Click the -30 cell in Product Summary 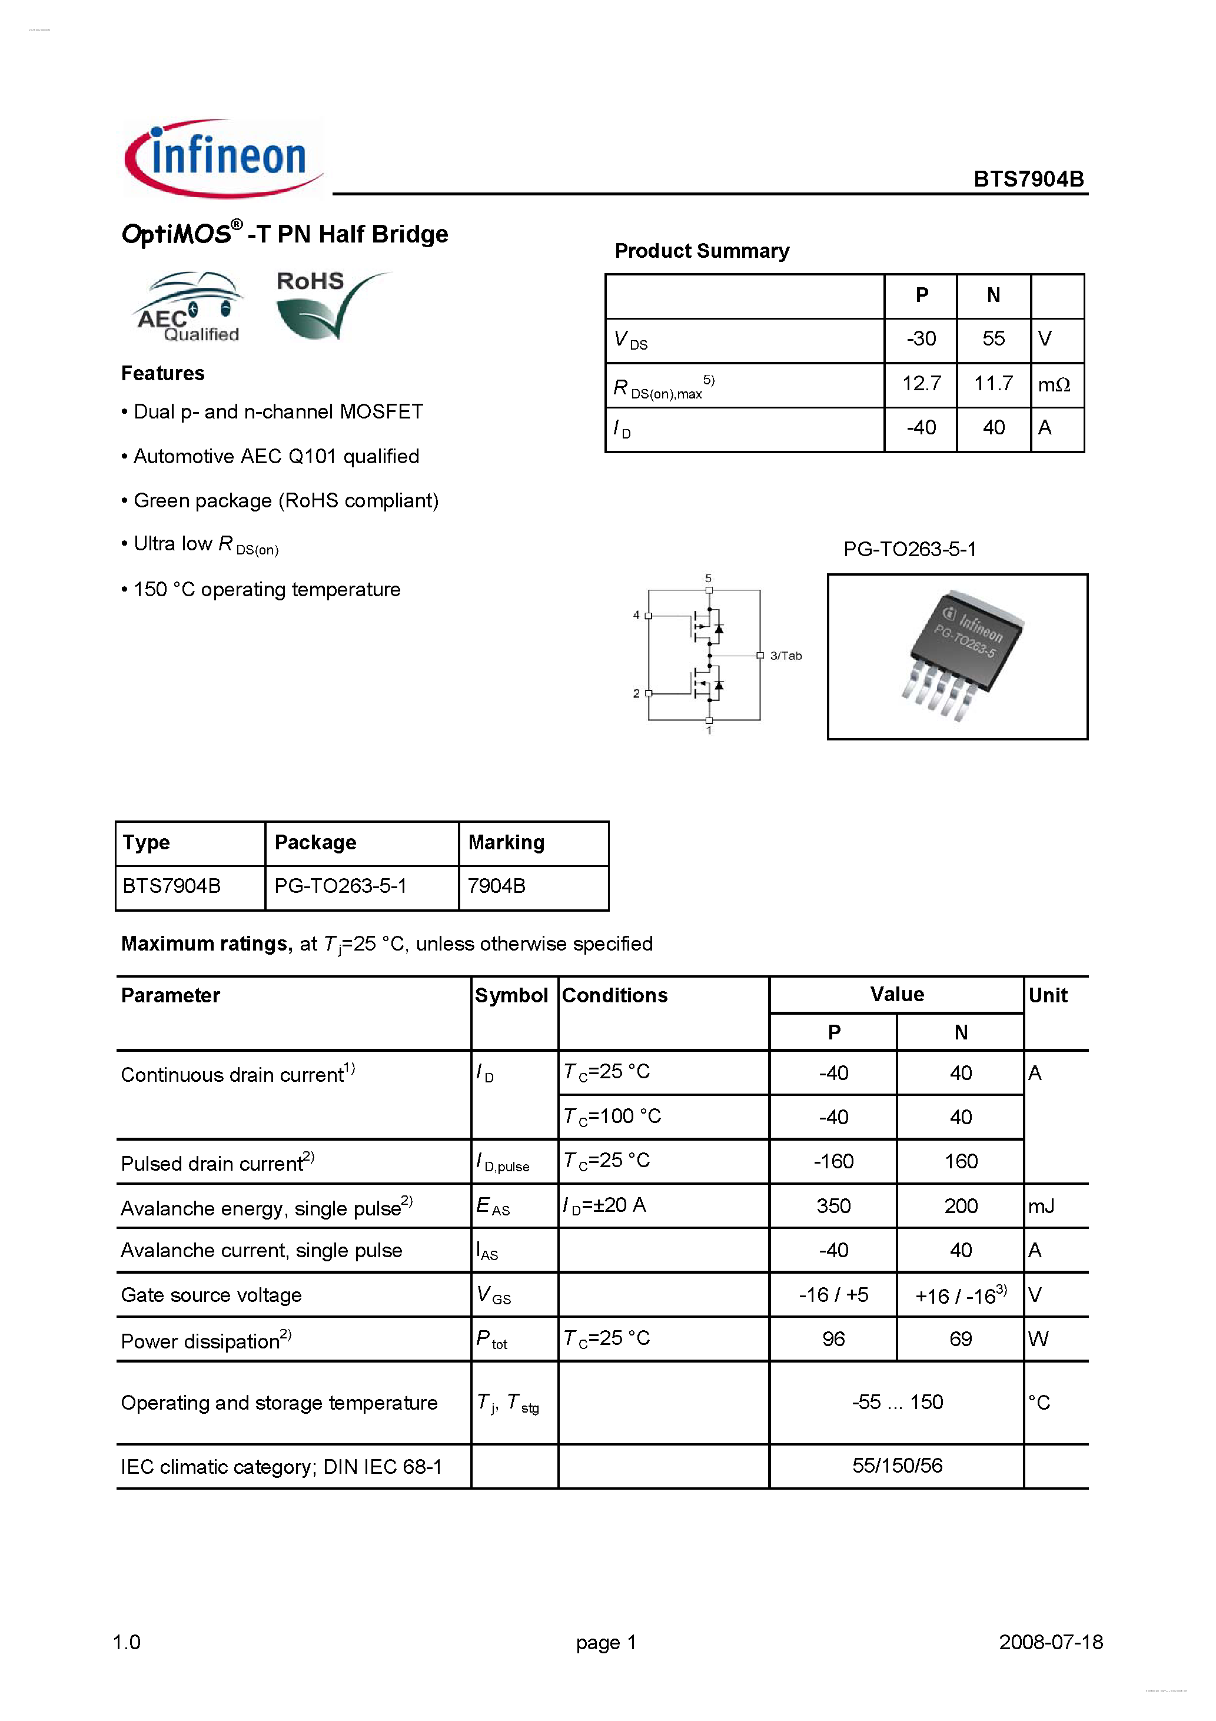921,339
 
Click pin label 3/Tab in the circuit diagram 785,656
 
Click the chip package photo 958,657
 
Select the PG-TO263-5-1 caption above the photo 909,549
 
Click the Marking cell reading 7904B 496,886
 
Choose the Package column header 315,842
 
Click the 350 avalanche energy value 833,1206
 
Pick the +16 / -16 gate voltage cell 961,1295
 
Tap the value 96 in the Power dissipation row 833,1340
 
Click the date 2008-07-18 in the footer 1051,1642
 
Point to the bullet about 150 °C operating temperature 266,590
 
